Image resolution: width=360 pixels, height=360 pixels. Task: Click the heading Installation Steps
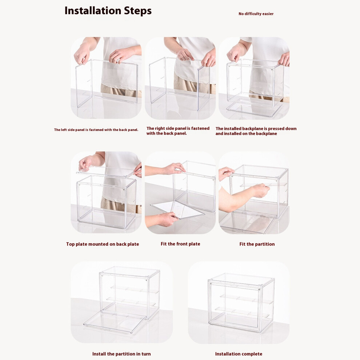tap(108, 11)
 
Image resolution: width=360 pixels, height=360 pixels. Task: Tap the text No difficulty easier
tap(256, 14)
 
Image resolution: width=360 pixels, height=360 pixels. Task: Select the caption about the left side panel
tap(96, 130)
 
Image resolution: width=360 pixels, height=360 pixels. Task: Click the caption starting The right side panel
tap(178, 131)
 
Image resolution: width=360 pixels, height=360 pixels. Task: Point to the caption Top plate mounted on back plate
tap(103, 244)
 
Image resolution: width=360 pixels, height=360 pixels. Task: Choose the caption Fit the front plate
tap(180, 244)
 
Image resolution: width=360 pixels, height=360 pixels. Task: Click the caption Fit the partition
tap(257, 244)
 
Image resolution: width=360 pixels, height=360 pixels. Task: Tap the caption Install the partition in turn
tap(121, 354)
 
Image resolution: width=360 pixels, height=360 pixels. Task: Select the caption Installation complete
tap(239, 354)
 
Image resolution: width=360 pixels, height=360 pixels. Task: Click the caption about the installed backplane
tap(256, 131)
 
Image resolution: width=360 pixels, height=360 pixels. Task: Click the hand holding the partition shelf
tap(261, 190)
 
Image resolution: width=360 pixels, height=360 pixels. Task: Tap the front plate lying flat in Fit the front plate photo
tap(177, 210)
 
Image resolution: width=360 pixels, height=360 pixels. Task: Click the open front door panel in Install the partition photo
tap(115, 321)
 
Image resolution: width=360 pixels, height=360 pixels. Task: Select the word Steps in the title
tap(138, 11)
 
